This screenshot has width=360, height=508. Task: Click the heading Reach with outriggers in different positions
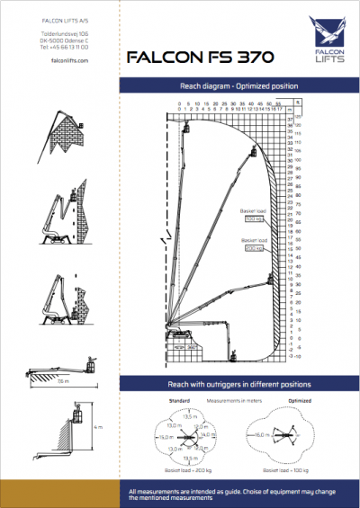click(x=238, y=384)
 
